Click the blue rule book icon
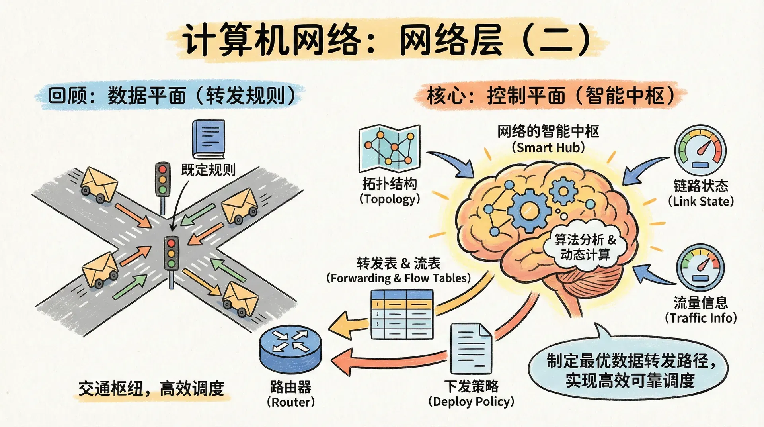coord(208,139)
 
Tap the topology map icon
coord(389,149)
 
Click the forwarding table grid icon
coord(401,315)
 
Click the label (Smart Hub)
coord(548,148)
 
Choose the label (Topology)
coord(390,199)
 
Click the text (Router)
coord(290,402)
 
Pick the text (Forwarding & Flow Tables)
coord(398,278)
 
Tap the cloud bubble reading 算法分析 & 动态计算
coord(585,247)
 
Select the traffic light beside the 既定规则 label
coord(162,180)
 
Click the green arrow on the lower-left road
coord(129,287)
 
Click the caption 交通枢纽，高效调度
coord(151,388)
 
